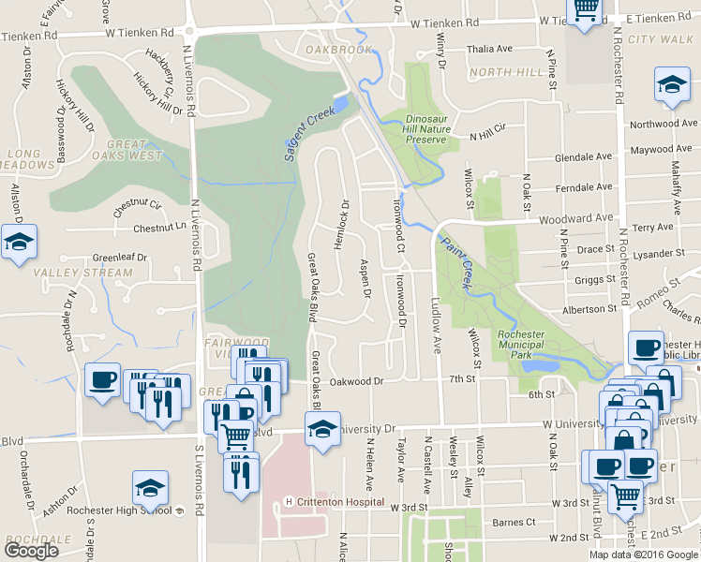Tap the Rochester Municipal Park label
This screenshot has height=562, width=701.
coord(528,344)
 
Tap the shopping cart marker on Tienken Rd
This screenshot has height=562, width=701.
coord(586,9)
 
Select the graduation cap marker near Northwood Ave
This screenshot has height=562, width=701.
coord(672,84)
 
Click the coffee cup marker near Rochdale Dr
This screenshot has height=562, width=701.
coord(102,380)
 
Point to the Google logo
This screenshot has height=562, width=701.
coord(31,551)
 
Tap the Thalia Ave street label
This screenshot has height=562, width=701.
coord(491,49)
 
